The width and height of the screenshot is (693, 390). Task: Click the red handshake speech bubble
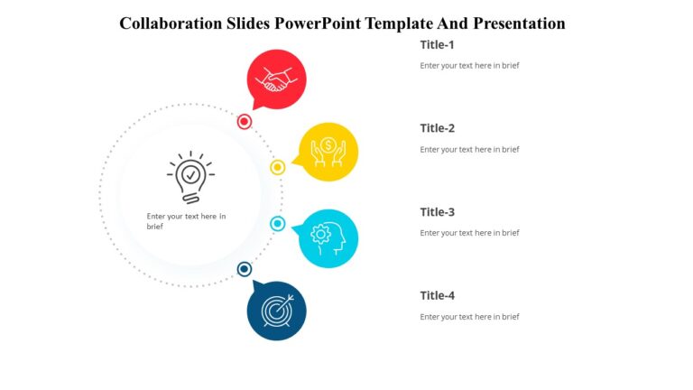(x=276, y=79)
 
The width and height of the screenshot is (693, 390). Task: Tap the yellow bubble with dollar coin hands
(x=328, y=151)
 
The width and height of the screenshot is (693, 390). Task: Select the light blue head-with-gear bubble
(x=328, y=238)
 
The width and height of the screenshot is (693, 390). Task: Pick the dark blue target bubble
(x=276, y=311)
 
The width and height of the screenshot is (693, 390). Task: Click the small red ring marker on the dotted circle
(x=245, y=122)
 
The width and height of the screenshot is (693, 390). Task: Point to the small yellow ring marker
(x=278, y=167)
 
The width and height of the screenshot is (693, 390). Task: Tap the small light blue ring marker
(x=278, y=224)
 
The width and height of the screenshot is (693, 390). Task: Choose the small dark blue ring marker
(x=245, y=269)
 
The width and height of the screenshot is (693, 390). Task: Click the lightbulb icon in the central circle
(x=189, y=177)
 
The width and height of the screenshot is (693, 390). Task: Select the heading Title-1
(x=438, y=45)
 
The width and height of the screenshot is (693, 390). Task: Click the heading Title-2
(x=438, y=128)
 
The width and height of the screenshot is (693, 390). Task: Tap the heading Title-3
(x=438, y=212)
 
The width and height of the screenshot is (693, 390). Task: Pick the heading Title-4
(x=438, y=295)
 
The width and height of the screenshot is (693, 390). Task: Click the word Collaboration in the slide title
(x=170, y=23)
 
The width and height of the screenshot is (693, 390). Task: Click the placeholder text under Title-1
(x=469, y=66)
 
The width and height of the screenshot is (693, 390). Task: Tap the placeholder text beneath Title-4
(x=469, y=317)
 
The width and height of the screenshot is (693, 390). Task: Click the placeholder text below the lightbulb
(x=186, y=221)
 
